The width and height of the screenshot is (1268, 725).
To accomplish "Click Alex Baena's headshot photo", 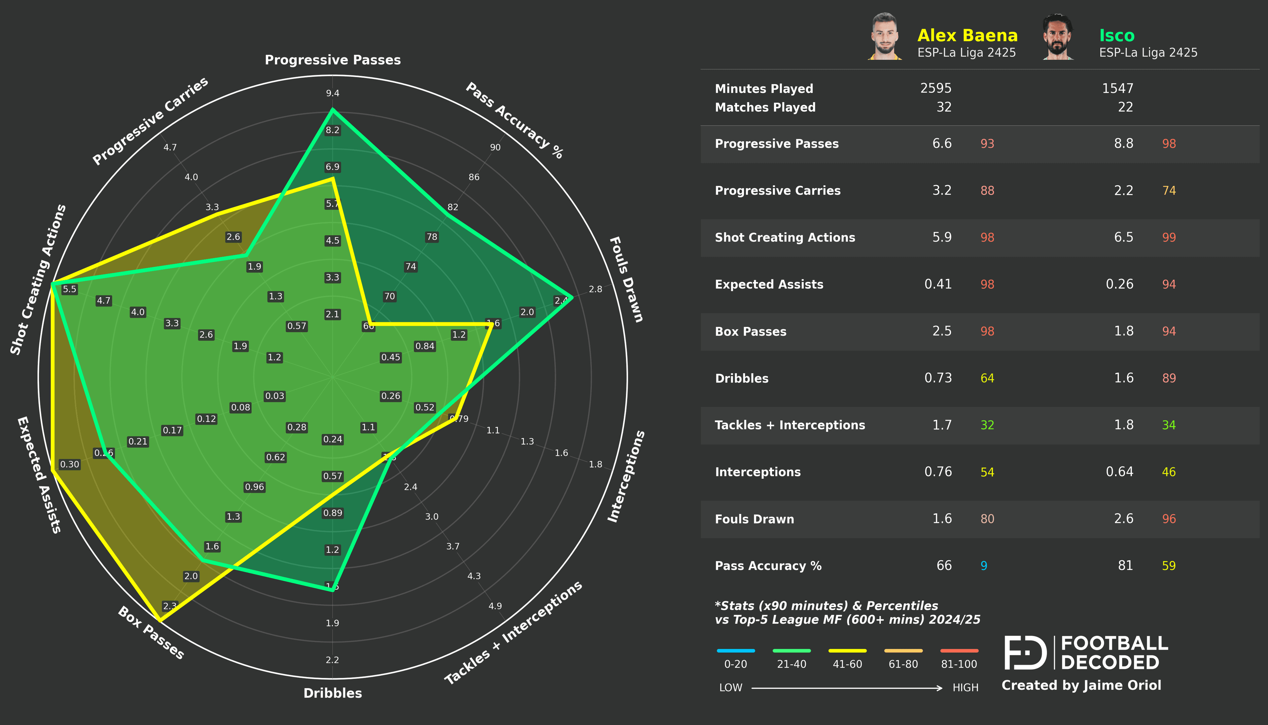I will click(x=885, y=37).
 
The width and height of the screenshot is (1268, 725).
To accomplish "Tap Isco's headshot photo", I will click(x=1058, y=37).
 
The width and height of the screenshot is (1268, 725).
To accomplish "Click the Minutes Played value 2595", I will click(x=935, y=89).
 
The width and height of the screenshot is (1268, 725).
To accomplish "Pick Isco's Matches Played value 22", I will click(x=1125, y=107).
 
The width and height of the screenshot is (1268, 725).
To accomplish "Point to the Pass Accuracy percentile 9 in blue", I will click(x=983, y=566).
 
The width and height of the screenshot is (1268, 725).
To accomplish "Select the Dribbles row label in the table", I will click(x=742, y=379).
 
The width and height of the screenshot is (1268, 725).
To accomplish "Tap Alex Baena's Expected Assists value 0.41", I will click(x=937, y=284).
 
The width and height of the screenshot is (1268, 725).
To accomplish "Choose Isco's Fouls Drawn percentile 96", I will click(x=1169, y=519).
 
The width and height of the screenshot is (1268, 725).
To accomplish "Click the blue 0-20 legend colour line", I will click(x=735, y=650).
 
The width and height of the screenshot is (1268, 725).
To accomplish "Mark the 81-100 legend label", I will click(x=959, y=664).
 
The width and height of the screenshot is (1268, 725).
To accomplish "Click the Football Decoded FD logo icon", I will click(x=1025, y=652).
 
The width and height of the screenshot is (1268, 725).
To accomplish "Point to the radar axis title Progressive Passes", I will click(x=333, y=60).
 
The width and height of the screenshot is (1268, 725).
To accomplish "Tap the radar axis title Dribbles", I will click(x=333, y=693).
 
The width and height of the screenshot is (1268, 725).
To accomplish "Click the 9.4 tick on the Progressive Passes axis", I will click(x=333, y=93).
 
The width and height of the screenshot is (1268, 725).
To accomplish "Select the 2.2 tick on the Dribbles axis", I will click(x=333, y=660).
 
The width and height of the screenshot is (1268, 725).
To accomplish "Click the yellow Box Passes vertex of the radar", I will click(x=159, y=620).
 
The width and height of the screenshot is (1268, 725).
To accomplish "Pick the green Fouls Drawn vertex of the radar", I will click(x=572, y=297).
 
